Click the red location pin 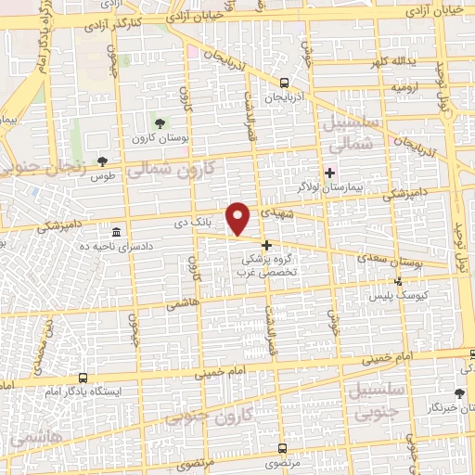239,219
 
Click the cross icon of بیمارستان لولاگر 329,172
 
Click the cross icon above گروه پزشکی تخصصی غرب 267,246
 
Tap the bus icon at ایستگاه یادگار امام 83,378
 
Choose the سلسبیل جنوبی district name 370,399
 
